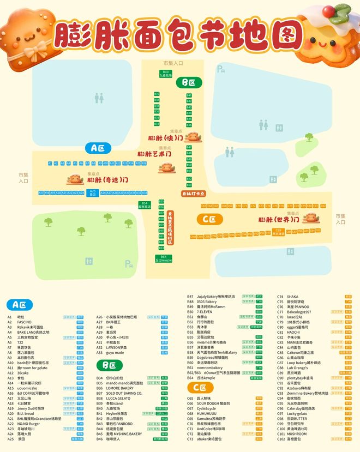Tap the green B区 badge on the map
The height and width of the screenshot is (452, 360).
(189, 82)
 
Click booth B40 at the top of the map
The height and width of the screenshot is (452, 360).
(165, 74)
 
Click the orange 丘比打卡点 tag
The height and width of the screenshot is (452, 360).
(193, 194)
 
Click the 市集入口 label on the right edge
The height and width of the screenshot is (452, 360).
(340, 219)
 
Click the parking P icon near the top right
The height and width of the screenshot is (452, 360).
(220, 69)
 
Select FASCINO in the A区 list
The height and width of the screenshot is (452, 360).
(25, 322)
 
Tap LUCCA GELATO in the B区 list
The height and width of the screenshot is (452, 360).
(118, 398)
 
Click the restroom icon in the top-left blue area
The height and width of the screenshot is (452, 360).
(99, 98)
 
